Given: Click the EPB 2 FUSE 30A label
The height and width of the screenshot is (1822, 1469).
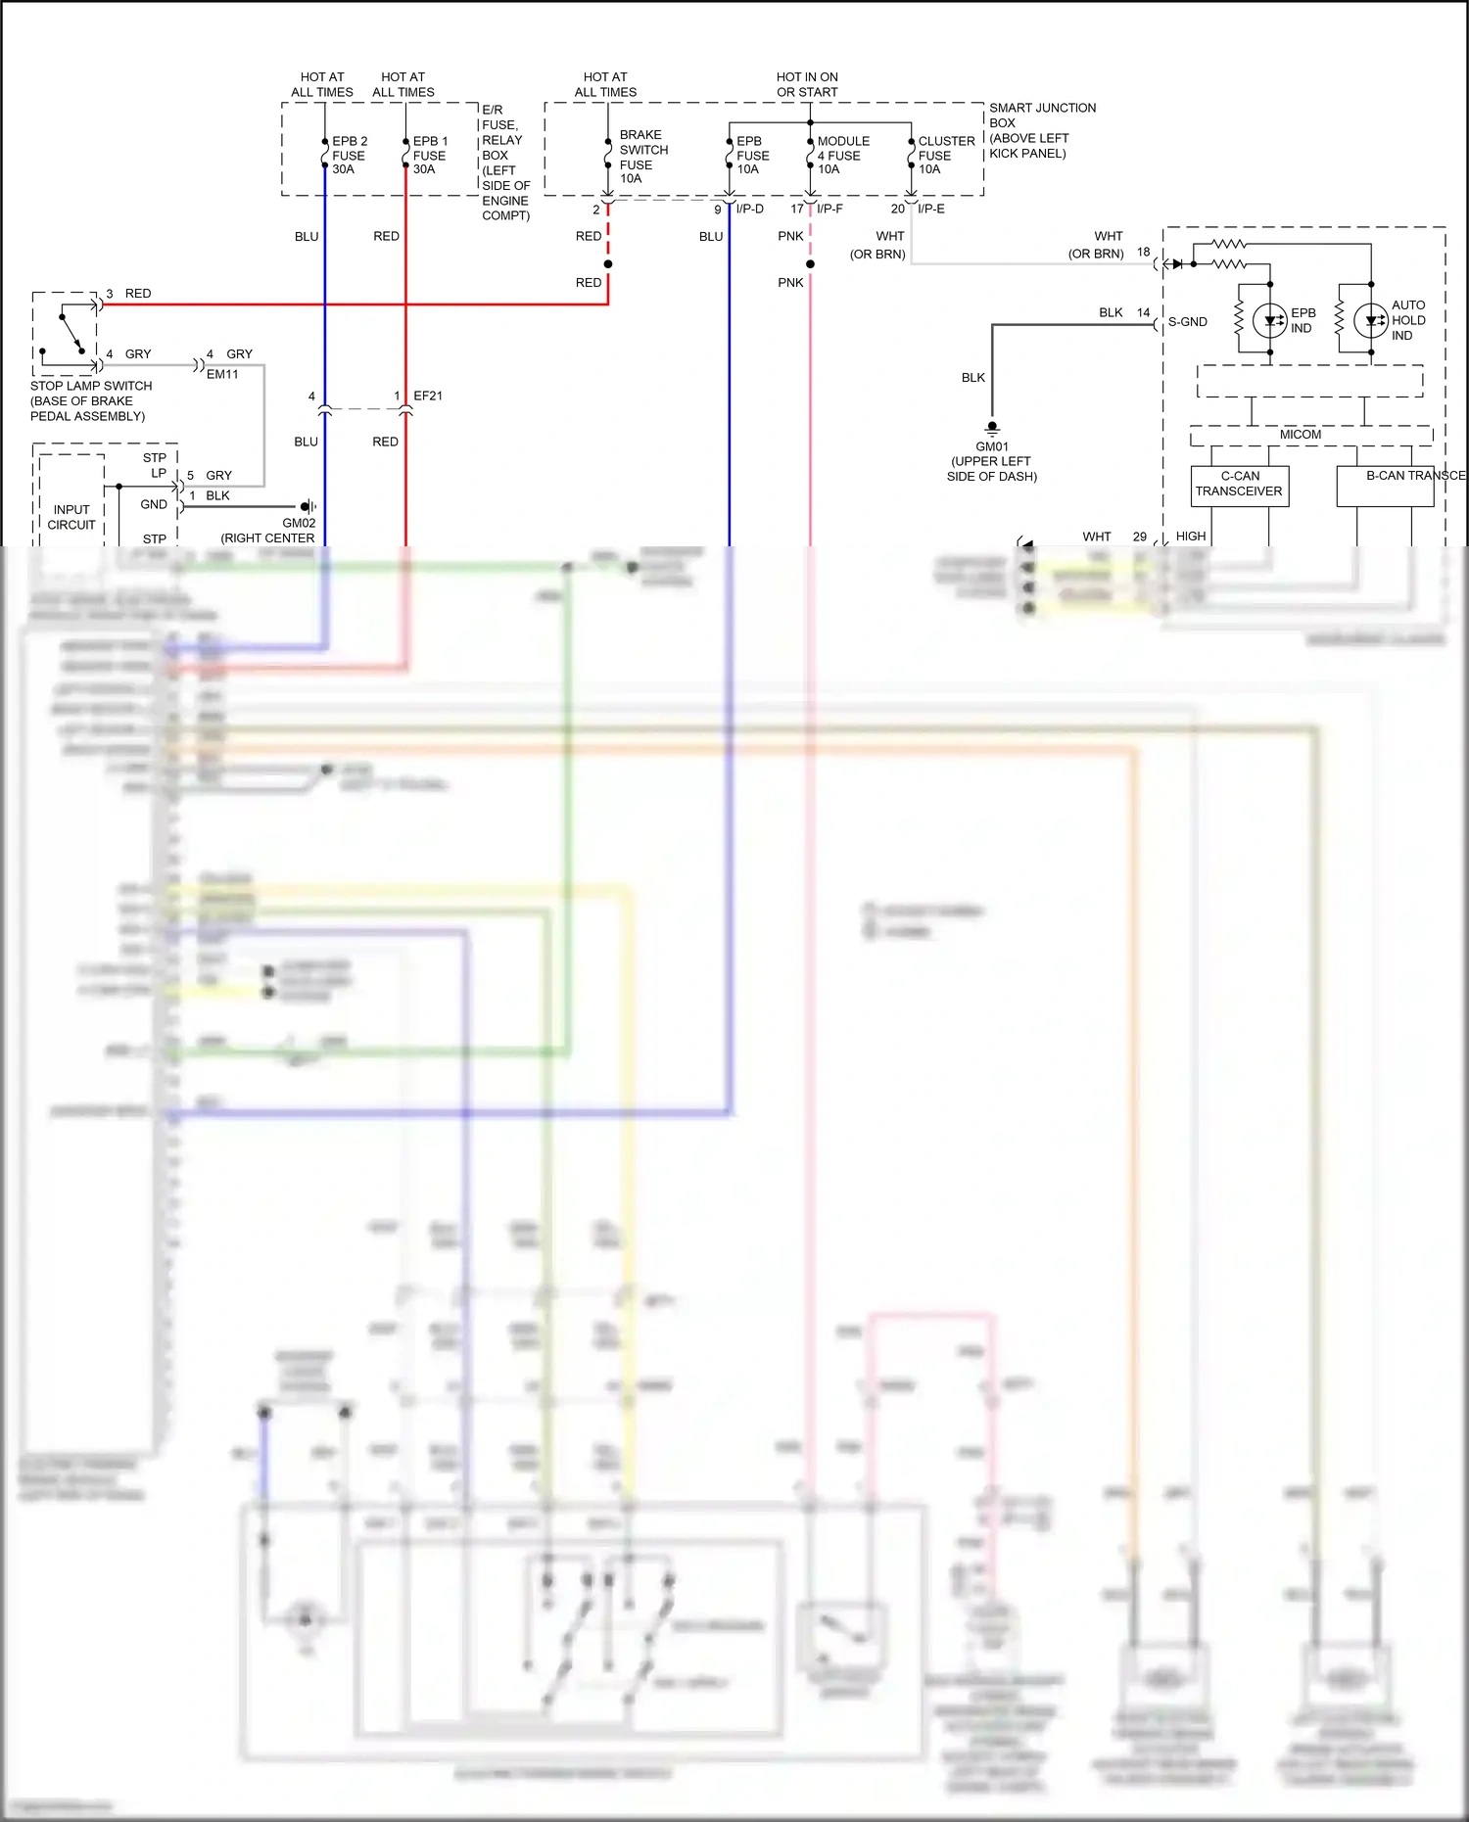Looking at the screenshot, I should coord(349,155).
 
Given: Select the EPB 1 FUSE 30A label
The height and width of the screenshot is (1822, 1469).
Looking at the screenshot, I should coord(430,155).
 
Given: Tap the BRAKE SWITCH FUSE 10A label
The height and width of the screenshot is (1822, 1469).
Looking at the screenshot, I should coord(642,157).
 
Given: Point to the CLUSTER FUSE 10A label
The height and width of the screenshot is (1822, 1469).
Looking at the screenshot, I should coord(945,155).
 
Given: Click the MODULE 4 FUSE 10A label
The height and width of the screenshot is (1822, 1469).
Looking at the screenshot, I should coord(842,155).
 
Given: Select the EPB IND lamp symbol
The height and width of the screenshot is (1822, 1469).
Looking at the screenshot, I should coord(1270,320).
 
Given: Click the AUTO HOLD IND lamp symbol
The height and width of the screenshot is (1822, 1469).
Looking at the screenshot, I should coord(1370,320).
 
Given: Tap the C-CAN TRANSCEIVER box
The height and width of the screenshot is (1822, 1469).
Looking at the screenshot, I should coord(1239,485).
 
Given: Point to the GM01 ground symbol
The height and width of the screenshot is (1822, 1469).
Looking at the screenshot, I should coord(992,428).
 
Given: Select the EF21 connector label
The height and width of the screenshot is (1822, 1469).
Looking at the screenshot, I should coord(428,396).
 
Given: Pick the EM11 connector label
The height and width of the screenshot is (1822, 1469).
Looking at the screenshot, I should coord(222,374).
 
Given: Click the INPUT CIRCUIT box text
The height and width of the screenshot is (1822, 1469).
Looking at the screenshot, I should coord(71,517).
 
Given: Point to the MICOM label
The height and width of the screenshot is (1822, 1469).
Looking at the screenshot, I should coord(1300,435).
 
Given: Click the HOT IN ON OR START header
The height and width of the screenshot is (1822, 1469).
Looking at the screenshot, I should coord(807,84).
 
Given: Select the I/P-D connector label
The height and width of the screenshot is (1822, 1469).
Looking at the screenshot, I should coord(750,209).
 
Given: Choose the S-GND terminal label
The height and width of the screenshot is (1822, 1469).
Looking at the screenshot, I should coord(1187,321).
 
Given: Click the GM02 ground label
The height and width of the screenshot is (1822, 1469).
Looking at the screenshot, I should coord(299,523).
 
